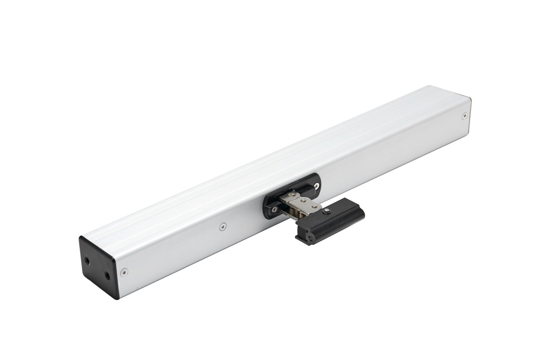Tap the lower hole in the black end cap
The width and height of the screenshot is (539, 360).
(x=107, y=276)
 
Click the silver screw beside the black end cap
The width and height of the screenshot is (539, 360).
(x=124, y=272)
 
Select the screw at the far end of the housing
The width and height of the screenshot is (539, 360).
(x=464, y=115)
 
